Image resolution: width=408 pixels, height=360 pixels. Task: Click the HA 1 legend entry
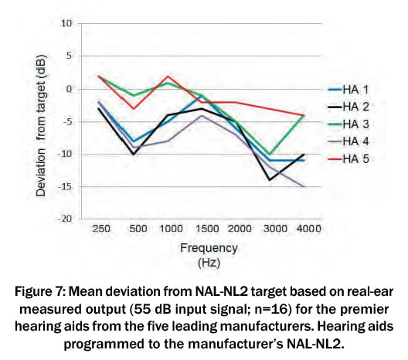(348, 90)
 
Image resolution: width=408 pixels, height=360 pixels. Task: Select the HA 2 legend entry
(348, 107)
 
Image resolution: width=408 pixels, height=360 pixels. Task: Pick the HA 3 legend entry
(348, 124)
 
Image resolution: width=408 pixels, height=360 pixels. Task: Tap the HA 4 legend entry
(348, 141)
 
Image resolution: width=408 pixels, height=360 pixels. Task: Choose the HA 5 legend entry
(348, 158)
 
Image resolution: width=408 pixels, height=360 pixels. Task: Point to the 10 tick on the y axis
(66, 23)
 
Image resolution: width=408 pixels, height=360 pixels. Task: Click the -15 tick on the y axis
(64, 186)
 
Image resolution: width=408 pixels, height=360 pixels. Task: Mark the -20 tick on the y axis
(64, 219)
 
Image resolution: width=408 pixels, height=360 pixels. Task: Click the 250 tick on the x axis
(101, 229)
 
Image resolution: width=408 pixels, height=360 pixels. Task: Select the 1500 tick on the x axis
(207, 229)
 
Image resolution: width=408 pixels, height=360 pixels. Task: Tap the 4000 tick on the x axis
(308, 229)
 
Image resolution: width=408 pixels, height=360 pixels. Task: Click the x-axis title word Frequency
(209, 249)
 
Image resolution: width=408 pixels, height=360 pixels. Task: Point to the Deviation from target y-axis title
(42, 126)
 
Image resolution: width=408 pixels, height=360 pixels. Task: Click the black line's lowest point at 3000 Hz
(270, 180)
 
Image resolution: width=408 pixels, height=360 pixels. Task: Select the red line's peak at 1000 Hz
(168, 76)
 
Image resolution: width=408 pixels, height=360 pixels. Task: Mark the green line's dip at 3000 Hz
(270, 155)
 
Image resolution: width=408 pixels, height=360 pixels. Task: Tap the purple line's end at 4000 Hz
(304, 186)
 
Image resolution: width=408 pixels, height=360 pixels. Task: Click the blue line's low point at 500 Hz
(134, 141)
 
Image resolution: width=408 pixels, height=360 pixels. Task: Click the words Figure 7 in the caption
(41, 291)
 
